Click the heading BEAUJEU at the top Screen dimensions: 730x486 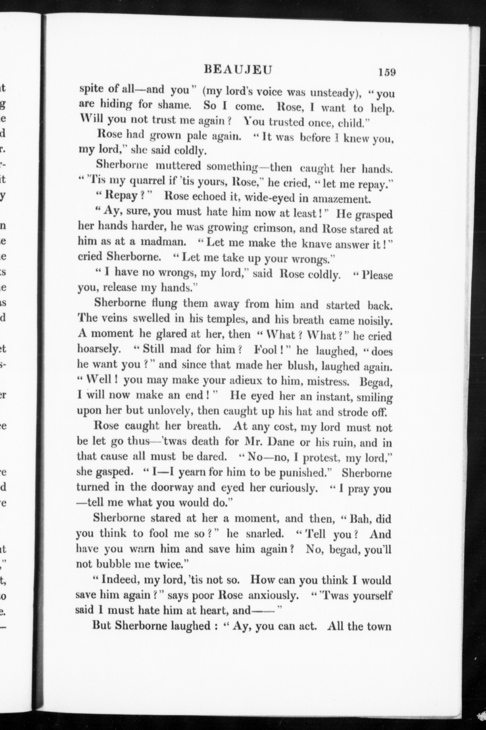click(x=238, y=70)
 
